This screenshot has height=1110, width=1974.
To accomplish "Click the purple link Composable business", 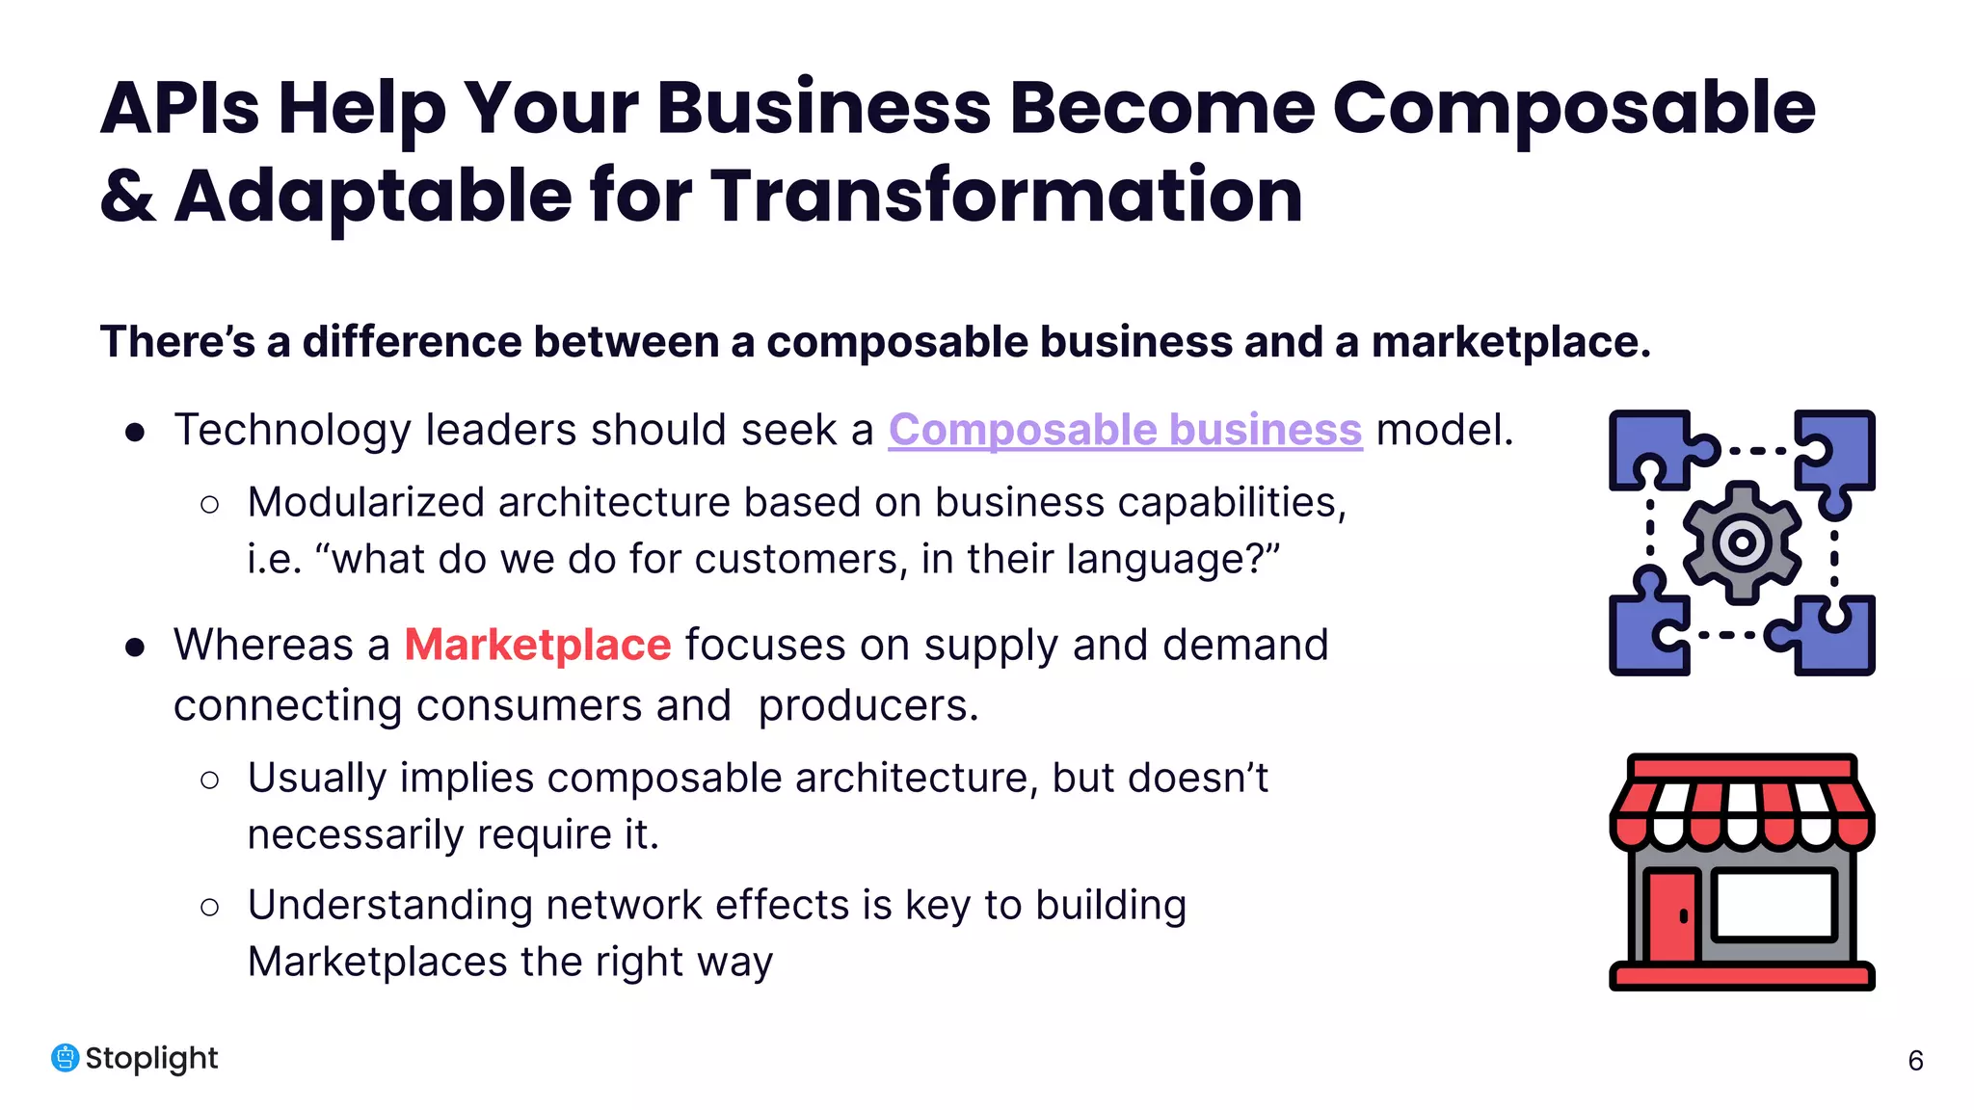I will (1125, 430).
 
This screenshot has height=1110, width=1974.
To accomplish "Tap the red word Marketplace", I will (537, 645).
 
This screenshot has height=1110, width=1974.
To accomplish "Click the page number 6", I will (1915, 1061).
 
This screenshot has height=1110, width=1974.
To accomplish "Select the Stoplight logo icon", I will (65, 1058).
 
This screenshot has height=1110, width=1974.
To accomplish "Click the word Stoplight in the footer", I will (151, 1058).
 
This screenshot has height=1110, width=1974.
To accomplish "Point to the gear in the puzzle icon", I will (1742, 542).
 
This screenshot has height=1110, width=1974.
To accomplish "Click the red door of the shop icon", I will (1670, 915).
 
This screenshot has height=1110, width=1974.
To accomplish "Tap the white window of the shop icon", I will (1774, 904).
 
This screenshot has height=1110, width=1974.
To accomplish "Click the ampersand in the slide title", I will (127, 196).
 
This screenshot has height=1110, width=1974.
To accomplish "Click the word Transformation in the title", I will (1006, 196).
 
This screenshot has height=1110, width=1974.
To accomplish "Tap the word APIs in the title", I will (180, 108).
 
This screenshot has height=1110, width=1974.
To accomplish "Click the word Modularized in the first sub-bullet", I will (365, 502).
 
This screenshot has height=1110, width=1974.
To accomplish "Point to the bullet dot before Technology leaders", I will (135, 433).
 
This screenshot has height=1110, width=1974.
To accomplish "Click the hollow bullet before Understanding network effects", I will (209, 907).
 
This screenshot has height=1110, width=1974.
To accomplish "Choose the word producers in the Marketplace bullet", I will (867, 705).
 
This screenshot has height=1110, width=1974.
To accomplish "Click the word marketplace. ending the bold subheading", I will (1510, 342).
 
